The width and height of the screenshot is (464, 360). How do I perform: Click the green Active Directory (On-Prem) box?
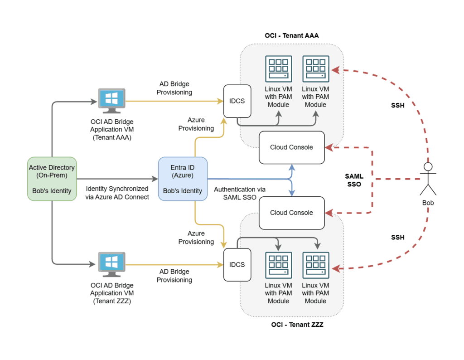[x=52, y=179]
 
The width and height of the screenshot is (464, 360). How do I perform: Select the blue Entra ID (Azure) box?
[x=182, y=179]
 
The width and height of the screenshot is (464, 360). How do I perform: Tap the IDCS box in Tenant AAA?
[x=237, y=101]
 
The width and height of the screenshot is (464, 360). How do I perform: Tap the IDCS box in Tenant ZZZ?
[x=237, y=264]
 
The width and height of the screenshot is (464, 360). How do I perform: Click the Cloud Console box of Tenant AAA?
[x=291, y=147]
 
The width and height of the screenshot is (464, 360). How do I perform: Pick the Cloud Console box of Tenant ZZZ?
[x=291, y=213]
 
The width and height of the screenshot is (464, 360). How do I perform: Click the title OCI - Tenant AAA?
[x=292, y=35]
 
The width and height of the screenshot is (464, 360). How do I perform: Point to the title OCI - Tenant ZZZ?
[x=297, y=325]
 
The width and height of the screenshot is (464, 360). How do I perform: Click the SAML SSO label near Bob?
[x=353, y=180]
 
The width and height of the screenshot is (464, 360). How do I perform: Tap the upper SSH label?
[x=398, y=106]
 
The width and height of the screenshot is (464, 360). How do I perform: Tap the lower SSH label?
[x=398, y=237]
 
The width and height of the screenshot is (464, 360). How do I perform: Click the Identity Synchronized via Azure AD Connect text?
[x=117, y=193]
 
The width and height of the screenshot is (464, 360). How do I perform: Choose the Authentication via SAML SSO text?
[x=240, y=194]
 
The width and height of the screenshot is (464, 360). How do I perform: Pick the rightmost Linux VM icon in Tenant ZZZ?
[x=315, y=266]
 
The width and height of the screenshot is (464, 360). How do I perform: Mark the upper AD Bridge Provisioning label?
[x=174, y=88]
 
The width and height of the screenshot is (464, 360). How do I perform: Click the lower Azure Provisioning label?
[x=196, y=238]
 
